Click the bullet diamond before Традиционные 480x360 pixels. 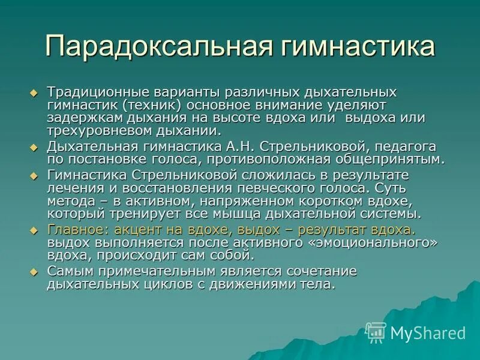point(34,93)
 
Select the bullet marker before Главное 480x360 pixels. point(34,230)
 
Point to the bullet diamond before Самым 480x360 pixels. point(34,271)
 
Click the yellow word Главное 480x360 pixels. point(75,230)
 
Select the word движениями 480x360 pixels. point(254,284)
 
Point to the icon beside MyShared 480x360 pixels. point(376,332)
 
